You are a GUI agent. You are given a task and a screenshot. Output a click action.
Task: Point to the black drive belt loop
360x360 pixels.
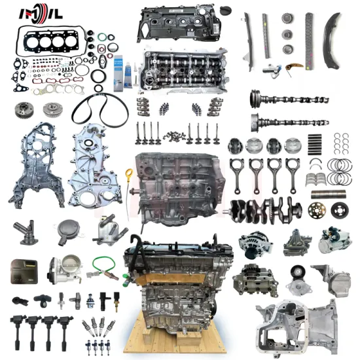99,109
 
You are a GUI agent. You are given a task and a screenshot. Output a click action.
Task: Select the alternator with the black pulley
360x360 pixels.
254,242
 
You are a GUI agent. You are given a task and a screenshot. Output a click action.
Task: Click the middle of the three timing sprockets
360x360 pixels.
287,34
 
